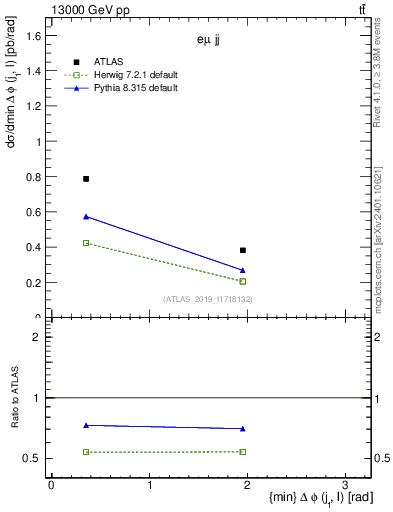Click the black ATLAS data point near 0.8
pos(86,179)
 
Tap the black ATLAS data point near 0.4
pos(243,250)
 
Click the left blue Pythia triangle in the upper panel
pos(86,216)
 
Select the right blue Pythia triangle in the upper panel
pos(243,270)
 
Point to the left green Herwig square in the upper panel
pos(86,243)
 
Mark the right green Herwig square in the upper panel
pos(243,281)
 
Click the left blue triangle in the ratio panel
pos(86,425)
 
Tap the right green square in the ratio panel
pos(243,451)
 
